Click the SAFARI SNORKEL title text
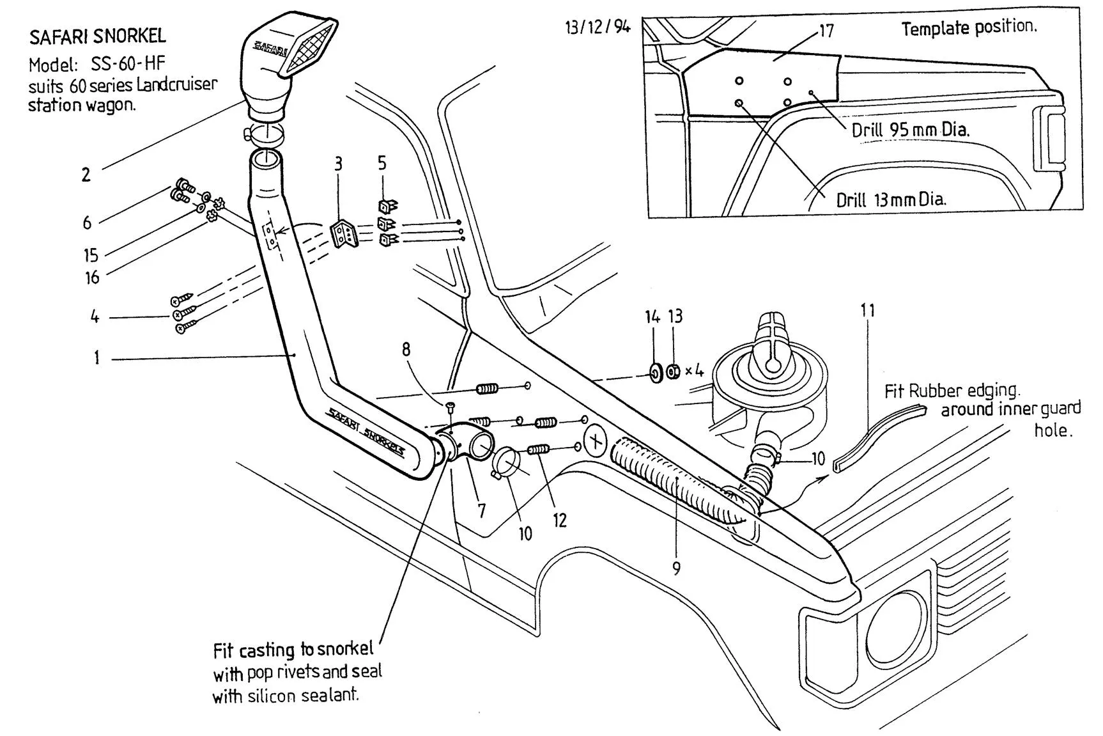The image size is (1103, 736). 97,36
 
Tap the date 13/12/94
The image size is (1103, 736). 598,27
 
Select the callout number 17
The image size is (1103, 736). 826,31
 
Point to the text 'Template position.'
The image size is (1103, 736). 969,28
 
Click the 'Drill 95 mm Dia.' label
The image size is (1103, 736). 910,130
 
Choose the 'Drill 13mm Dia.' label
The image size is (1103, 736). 891,200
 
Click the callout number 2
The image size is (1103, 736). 86,175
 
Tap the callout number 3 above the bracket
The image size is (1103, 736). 338,165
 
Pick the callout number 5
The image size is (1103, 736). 382,163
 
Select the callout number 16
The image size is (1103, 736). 93,278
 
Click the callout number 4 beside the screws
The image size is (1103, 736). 95,317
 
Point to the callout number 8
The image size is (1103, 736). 406,349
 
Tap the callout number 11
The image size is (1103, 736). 867,311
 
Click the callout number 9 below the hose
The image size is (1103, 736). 676,568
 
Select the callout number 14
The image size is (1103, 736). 652,317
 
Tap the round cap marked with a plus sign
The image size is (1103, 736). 596,441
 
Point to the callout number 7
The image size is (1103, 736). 481,511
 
